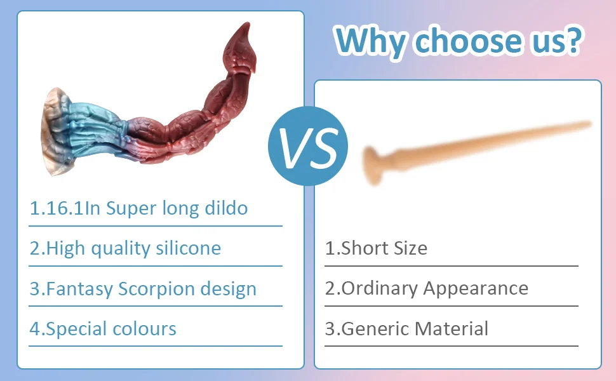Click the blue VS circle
tap(308, 145)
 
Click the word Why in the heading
tap(370, 41)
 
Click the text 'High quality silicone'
tap(133, 249)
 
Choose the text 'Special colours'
tap(111, 329)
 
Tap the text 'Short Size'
tap(384, 248)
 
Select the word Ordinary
tap(380, 289)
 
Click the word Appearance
tap(476, 289)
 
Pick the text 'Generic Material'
tap(415, 329)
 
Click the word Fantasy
tap(80, 289)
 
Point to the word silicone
tap(188, 248)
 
